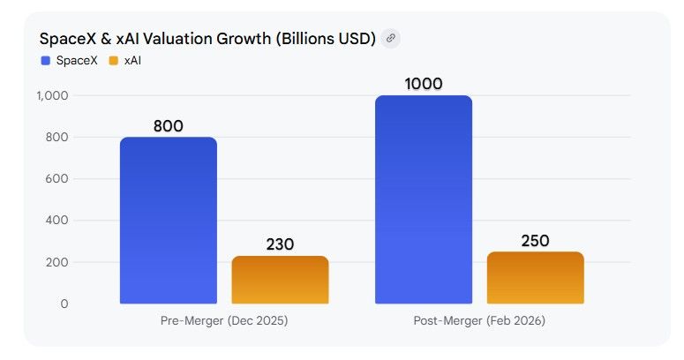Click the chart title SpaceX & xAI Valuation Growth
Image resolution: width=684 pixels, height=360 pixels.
tap(207, 39)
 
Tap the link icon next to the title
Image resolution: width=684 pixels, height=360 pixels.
tap(390, 39)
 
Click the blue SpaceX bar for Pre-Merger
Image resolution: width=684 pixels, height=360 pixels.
tap(168, 221)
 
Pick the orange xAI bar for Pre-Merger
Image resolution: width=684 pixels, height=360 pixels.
tap(280, 280)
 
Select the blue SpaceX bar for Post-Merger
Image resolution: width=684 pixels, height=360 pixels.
tap(424, 199)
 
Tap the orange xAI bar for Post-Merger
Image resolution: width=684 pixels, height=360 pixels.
tap(535, 278)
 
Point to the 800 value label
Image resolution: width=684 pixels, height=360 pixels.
tap(168, 126)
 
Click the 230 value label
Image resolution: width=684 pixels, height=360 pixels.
tap(280, 244)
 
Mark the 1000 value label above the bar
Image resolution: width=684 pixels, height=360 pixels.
tap(424, 84)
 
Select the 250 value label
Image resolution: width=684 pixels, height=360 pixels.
tap(535, 240)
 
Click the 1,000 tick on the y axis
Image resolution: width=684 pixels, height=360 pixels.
tap(53, 95)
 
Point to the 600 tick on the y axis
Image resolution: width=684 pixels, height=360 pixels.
tap(57, 179)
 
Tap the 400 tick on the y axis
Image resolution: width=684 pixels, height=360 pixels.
tap(57, 221)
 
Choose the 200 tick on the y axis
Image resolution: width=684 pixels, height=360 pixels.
tap(57, 262)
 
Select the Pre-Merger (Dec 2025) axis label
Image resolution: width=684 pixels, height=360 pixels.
tap(224, 321)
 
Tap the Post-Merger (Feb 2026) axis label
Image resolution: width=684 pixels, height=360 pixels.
tap(479, 321)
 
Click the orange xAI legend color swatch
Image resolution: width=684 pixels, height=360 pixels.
tap(113, 60)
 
